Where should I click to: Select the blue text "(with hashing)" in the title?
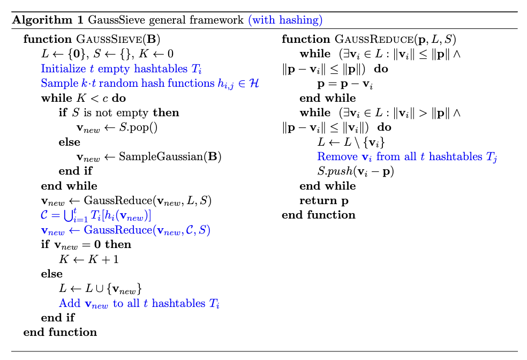coord(285,21)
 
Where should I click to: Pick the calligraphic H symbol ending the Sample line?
coord(254,84)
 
